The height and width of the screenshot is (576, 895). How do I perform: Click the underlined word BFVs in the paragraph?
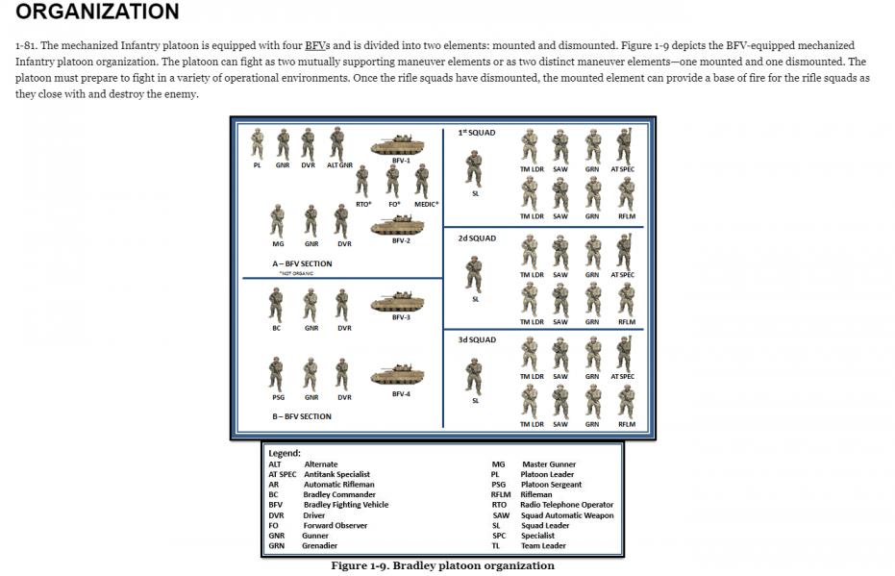point(316,45)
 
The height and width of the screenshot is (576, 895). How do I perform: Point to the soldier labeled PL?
point(258,144)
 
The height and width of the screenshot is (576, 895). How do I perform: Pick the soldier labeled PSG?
point(277,374)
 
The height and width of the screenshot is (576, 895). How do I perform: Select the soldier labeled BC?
point(277,305)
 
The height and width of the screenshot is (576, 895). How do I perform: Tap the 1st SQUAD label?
point(477,133)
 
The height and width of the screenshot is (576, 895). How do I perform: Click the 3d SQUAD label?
point(477,340)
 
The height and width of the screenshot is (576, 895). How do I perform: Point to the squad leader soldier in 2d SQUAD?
point(474,274)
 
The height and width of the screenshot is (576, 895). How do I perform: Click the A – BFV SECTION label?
point(301,263)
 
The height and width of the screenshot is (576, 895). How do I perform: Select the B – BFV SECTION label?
point(301,416)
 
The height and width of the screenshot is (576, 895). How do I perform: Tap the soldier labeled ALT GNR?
point(337,144)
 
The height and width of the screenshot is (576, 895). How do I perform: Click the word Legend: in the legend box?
point(285,453)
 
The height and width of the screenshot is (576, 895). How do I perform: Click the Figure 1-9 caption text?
point(443,565)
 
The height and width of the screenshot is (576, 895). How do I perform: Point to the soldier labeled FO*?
point(392,181)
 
